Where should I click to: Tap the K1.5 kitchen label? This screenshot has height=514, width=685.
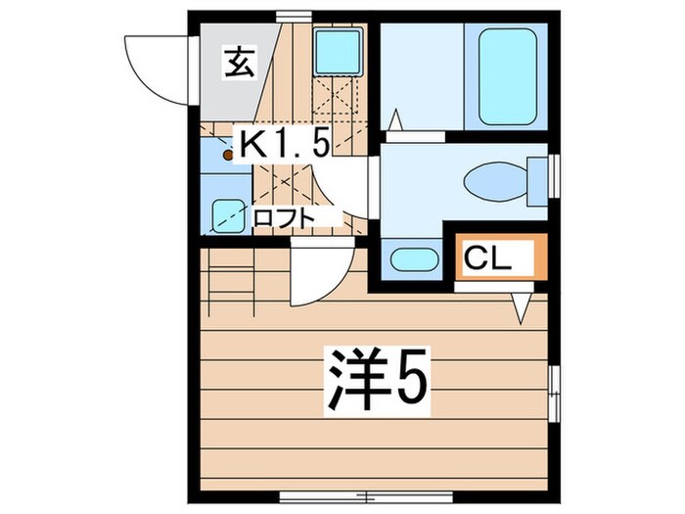[284, 146]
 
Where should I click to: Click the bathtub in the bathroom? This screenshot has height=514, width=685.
[509, 76]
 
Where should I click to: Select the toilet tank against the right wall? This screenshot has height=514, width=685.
[537, 181]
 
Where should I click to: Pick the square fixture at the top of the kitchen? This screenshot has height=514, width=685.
[337, 51]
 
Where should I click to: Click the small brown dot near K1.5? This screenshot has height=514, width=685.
[228, 154]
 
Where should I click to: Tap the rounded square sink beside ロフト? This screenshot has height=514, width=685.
[229, 212]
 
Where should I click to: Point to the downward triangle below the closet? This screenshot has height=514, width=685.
[521, 309]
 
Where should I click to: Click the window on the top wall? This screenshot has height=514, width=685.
[289, 14]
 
